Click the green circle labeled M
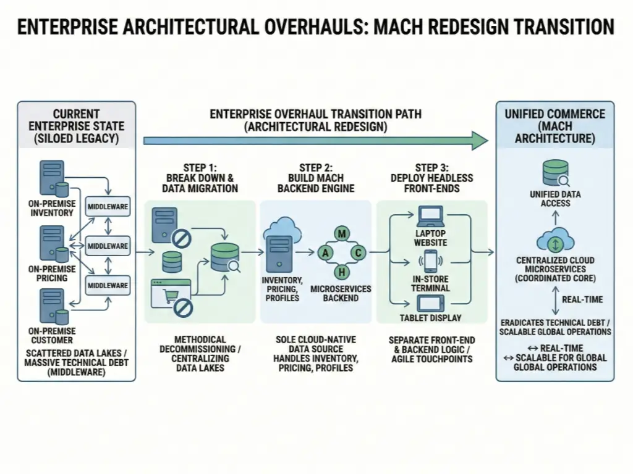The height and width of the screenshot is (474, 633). pyautogui.click(x=341, y=233)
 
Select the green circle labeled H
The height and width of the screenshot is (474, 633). pyautogui.click(x=341, y=273)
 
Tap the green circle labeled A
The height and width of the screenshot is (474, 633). pyautogui.click(x=323, y=253)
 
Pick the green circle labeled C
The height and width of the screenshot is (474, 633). pyautogui.click(x=359, y=253)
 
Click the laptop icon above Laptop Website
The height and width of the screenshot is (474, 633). pyautogui.click(x=430, y=217)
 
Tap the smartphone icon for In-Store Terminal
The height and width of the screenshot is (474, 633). pyautogui.click(x=431, y=259)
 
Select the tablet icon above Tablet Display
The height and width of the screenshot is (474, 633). pyautogui.click(x=431, y=303)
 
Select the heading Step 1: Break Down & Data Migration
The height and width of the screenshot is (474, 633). pyautogui.click(x=200, y=178)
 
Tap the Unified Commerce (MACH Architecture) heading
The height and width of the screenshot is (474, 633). pyautogui.click(x=554, y=126)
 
